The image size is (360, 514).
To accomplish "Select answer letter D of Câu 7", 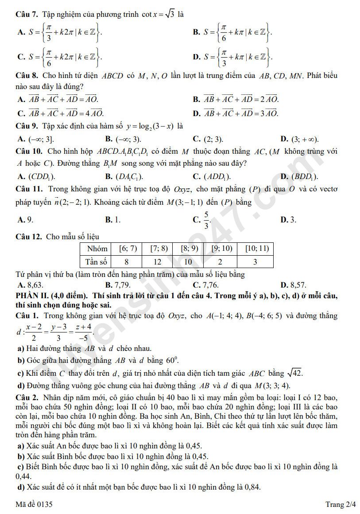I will point(197,57).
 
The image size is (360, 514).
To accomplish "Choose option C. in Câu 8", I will point(20,113).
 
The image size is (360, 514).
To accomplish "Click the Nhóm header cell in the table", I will point(97,249).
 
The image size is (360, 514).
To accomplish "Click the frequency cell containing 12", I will point(158,261).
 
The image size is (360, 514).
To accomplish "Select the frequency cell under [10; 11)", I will point(255,261).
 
